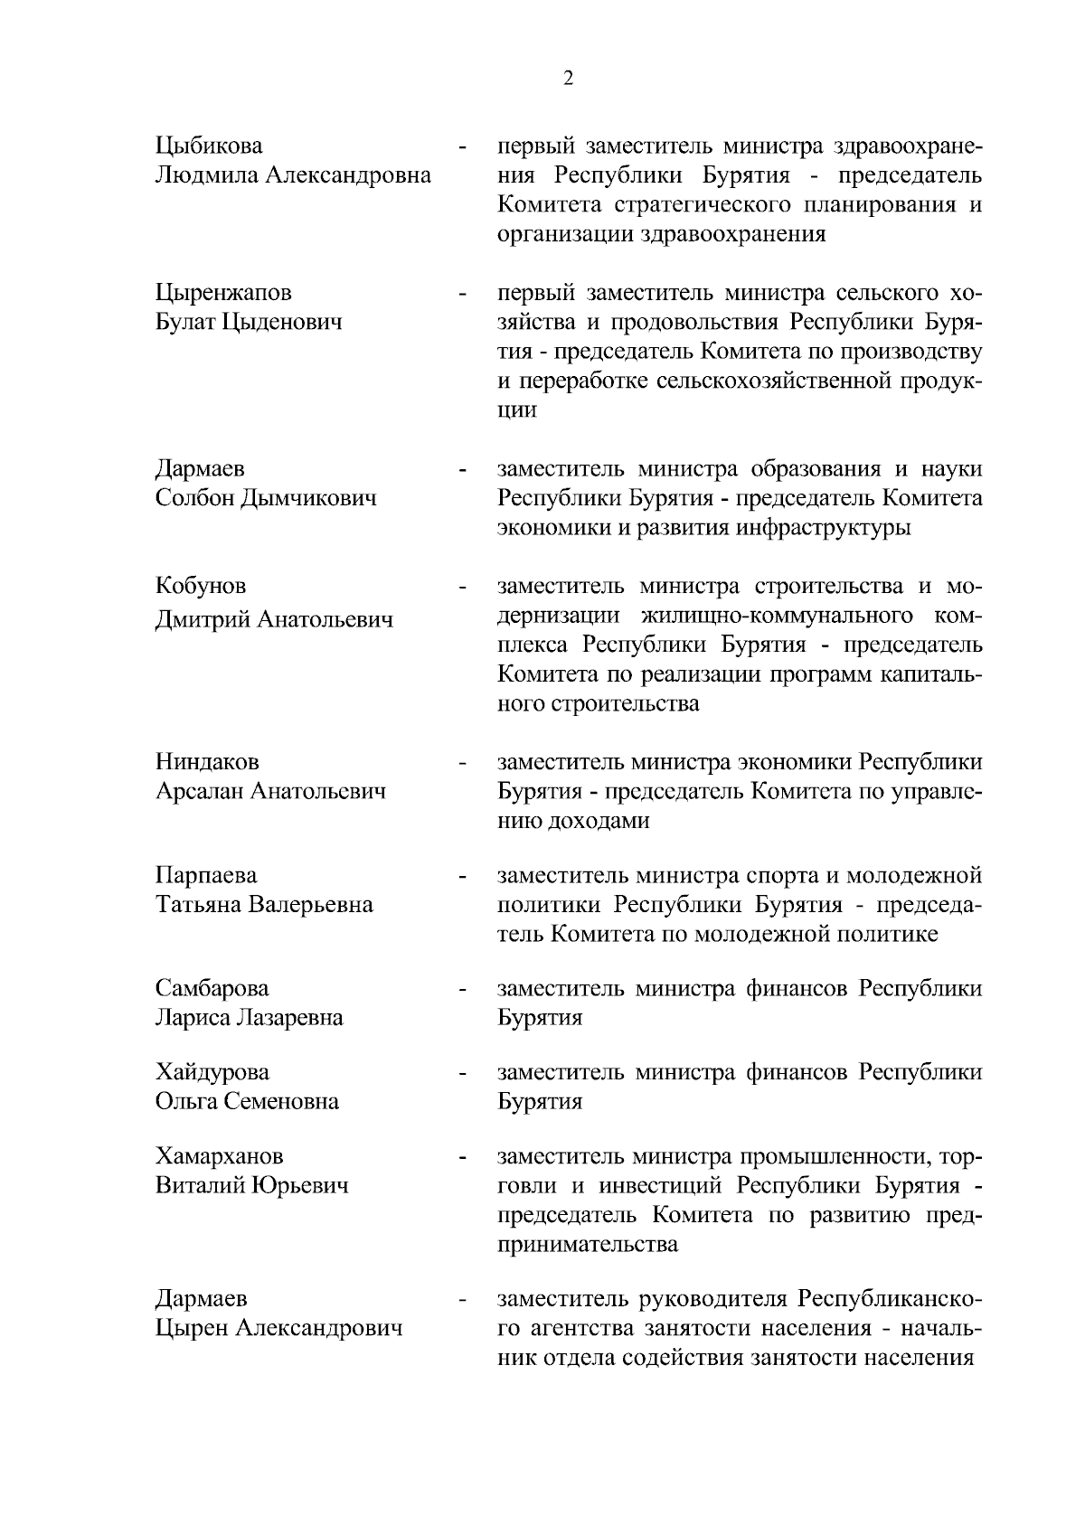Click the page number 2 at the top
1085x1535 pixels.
(568, 79)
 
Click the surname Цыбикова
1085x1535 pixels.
(209, 146)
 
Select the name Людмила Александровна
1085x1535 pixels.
(293, 174)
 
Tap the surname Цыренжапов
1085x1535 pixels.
(223, 292)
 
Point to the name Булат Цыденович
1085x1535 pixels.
(249, 322)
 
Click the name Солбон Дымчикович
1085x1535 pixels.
(266, 498)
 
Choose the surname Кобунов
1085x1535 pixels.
(201, 586)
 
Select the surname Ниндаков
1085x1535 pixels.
(207, 762)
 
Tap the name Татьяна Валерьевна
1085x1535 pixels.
(264, 905)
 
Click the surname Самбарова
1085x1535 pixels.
(212, 988)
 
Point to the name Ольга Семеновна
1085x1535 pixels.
(247, 1101)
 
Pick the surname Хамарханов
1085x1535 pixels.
(219, 1155)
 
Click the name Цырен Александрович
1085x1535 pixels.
(278, 1328)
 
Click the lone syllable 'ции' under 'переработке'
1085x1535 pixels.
(517, 410)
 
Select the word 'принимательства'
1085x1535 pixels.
(587, 1244)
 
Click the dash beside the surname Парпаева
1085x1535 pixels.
(462, 877)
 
